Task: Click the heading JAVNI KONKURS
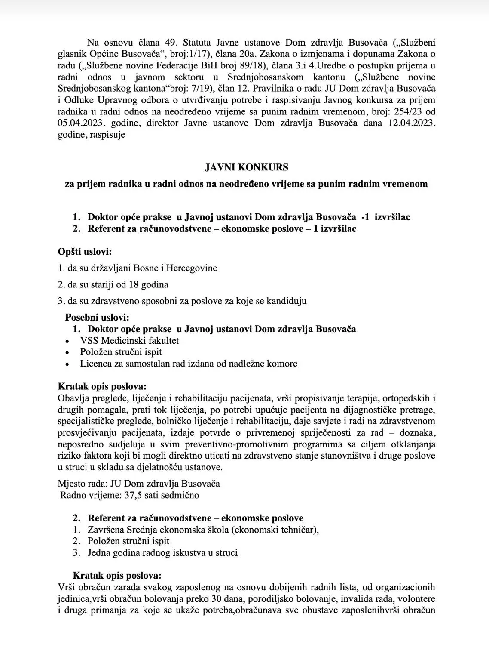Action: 246,167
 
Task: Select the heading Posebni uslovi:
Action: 97,318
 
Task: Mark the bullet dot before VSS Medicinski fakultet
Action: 67,341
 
